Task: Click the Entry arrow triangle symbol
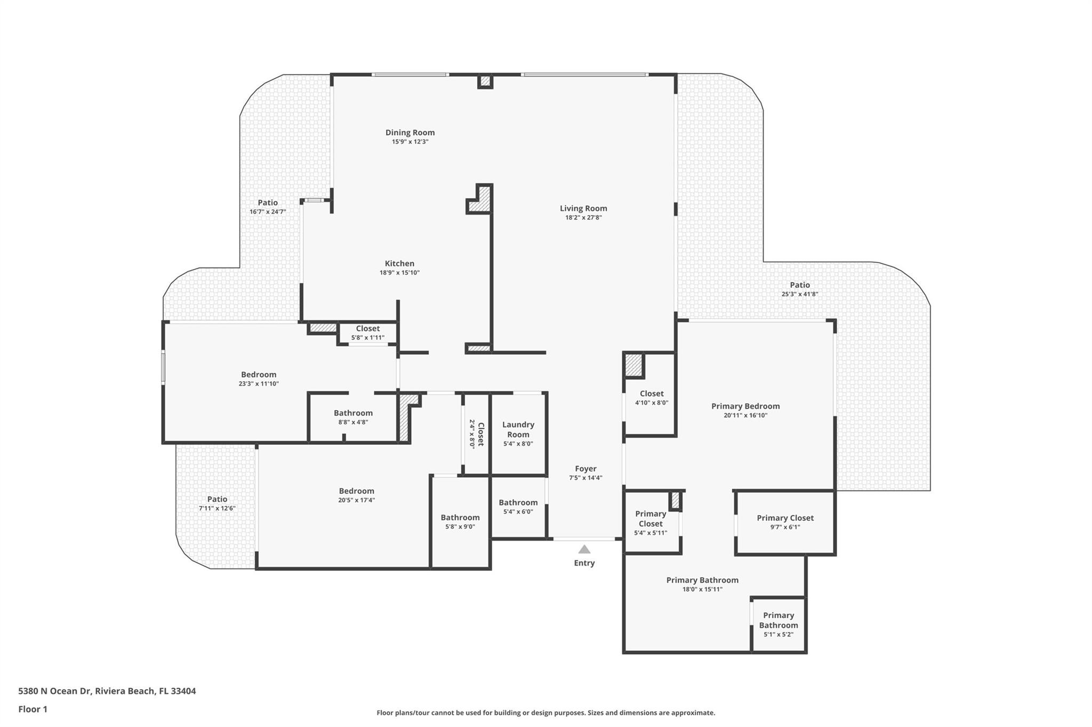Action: (x=584, y=549)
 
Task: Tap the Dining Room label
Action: (x=410, y=133)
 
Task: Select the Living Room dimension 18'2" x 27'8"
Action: (x=583, y=217)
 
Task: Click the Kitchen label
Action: (x=399, y=263)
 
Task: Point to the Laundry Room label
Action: (x=518, y=429)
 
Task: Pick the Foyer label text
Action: (x=585, y=469)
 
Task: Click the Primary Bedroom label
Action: (x=745, y=406)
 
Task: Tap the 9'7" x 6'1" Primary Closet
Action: (x=785, y=518)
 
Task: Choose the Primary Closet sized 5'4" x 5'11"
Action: (x=650, y=519)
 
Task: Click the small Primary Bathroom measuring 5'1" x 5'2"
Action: (x=778, y=620)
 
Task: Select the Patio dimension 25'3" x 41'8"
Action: (x=799, y=294)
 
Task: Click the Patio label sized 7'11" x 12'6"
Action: (x=217, y=499)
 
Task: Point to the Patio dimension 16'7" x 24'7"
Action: (x=268, y=211)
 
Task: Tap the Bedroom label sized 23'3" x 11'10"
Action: (x=259, y=374)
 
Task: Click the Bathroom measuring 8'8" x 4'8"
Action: (x=353, y=413)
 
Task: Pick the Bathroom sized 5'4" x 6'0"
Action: (x=518, y=502)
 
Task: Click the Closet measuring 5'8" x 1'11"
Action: (x=368, y=329)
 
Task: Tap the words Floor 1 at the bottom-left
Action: (x=33, y=709)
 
